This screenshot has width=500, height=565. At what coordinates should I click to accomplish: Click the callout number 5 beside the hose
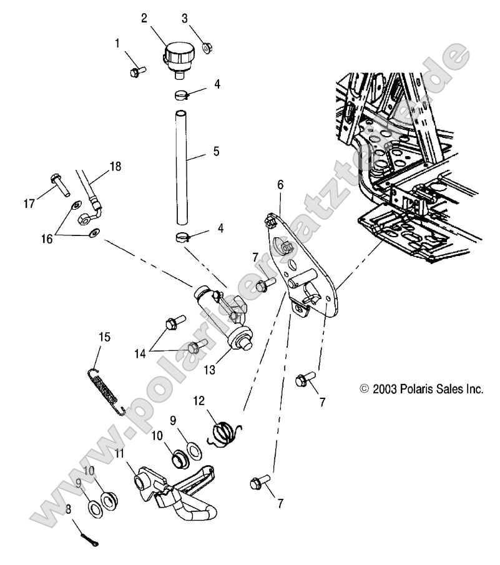click(216, 150)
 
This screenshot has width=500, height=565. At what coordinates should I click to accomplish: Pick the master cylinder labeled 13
click(225, 312)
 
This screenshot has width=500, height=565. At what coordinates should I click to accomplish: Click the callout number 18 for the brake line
click(115, 166)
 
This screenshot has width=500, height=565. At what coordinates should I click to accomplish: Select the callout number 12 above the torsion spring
click(198, 400)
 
